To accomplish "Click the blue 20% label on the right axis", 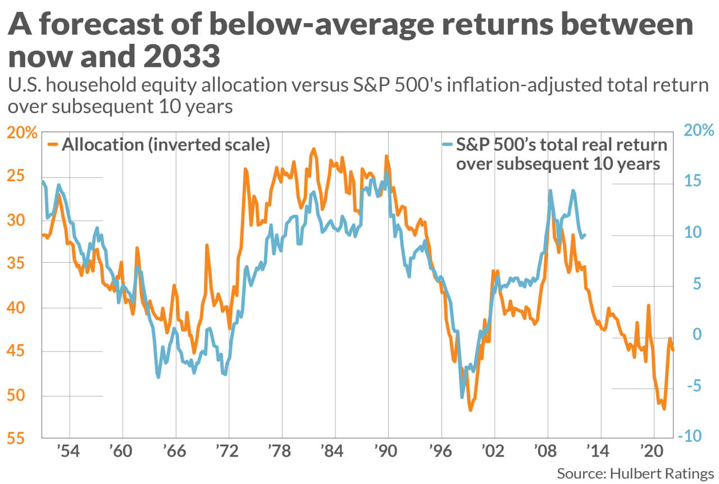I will pos(699,130).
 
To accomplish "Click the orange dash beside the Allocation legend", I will pos(52,145).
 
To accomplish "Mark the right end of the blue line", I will pos(586,235).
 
